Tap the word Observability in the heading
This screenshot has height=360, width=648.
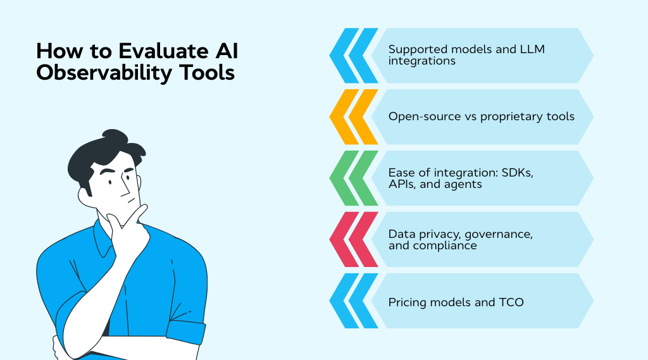(x=92, y=73)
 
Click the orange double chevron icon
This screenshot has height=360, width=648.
(x=353, y=117)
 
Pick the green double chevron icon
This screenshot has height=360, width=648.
(x=353, y=178)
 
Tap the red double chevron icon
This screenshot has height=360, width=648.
(x=353, y=240)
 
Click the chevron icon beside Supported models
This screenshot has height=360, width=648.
(x=353, y=56)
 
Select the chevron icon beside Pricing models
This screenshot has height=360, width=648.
(x=353, y=301)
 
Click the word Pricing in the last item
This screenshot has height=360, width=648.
(x=409, y=302)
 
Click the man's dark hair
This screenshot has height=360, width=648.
(x=95, y=155)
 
